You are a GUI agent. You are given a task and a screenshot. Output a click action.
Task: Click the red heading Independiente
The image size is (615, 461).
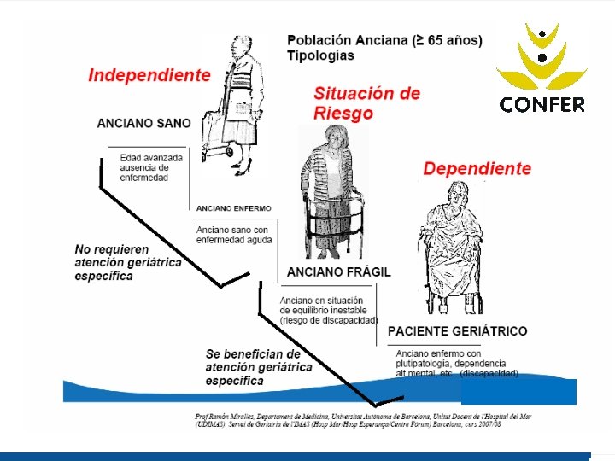pyautogui.click(x=149, y=75)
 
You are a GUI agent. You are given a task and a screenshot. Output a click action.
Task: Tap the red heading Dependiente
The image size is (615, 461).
pyautogui.click(x=477, y=169)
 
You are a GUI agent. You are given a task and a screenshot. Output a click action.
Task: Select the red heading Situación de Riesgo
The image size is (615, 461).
pyautogui.click(x=366, y=102)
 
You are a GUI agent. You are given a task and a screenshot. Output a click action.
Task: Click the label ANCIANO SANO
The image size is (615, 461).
pyautogui.click(x=144, y=123)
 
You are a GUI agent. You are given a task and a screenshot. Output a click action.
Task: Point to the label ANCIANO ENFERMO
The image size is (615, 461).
pyautogui.click(x=233, y=207)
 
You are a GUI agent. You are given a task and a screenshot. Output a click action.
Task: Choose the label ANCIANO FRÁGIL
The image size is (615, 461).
pyautogui.click(x=340, y=271)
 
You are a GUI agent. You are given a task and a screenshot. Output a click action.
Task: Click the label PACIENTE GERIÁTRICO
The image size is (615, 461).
pyautogui.click(x=457, y=330)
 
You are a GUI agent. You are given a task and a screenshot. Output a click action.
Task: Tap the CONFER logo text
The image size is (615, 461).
pyautogui.click(x=542, y=105)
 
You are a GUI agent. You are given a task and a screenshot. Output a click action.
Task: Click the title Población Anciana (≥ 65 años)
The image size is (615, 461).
pyautogui.click(x=384, y=40)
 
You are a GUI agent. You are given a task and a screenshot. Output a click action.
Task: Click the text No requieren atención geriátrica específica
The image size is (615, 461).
pyautogui.click(x=128, y=262)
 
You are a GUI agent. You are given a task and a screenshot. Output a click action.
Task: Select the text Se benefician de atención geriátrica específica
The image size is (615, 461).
pyautogui.click(x=258, y=367)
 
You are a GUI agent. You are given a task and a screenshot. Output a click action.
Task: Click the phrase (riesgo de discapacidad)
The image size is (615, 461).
pyautogui.click(x=328, y=320)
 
